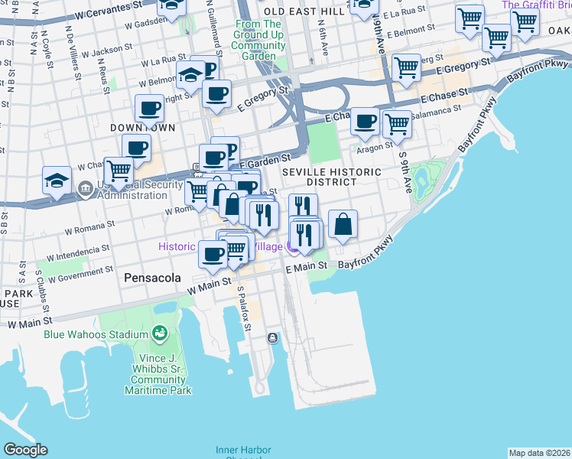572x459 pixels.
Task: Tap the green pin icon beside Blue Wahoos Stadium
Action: pos(160,333)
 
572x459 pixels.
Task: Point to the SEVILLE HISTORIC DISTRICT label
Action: pos(330,177)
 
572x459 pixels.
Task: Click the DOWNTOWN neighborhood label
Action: pos(142,127)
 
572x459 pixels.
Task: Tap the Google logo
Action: pos(25,450)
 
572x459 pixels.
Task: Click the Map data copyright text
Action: pos(539,453)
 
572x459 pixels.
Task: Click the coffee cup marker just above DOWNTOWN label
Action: pos(149,108)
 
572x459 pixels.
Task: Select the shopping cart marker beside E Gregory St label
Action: pos(406,67)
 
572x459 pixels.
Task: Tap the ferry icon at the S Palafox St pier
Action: pos(272,338)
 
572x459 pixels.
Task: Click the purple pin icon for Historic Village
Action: pos(291,246)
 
